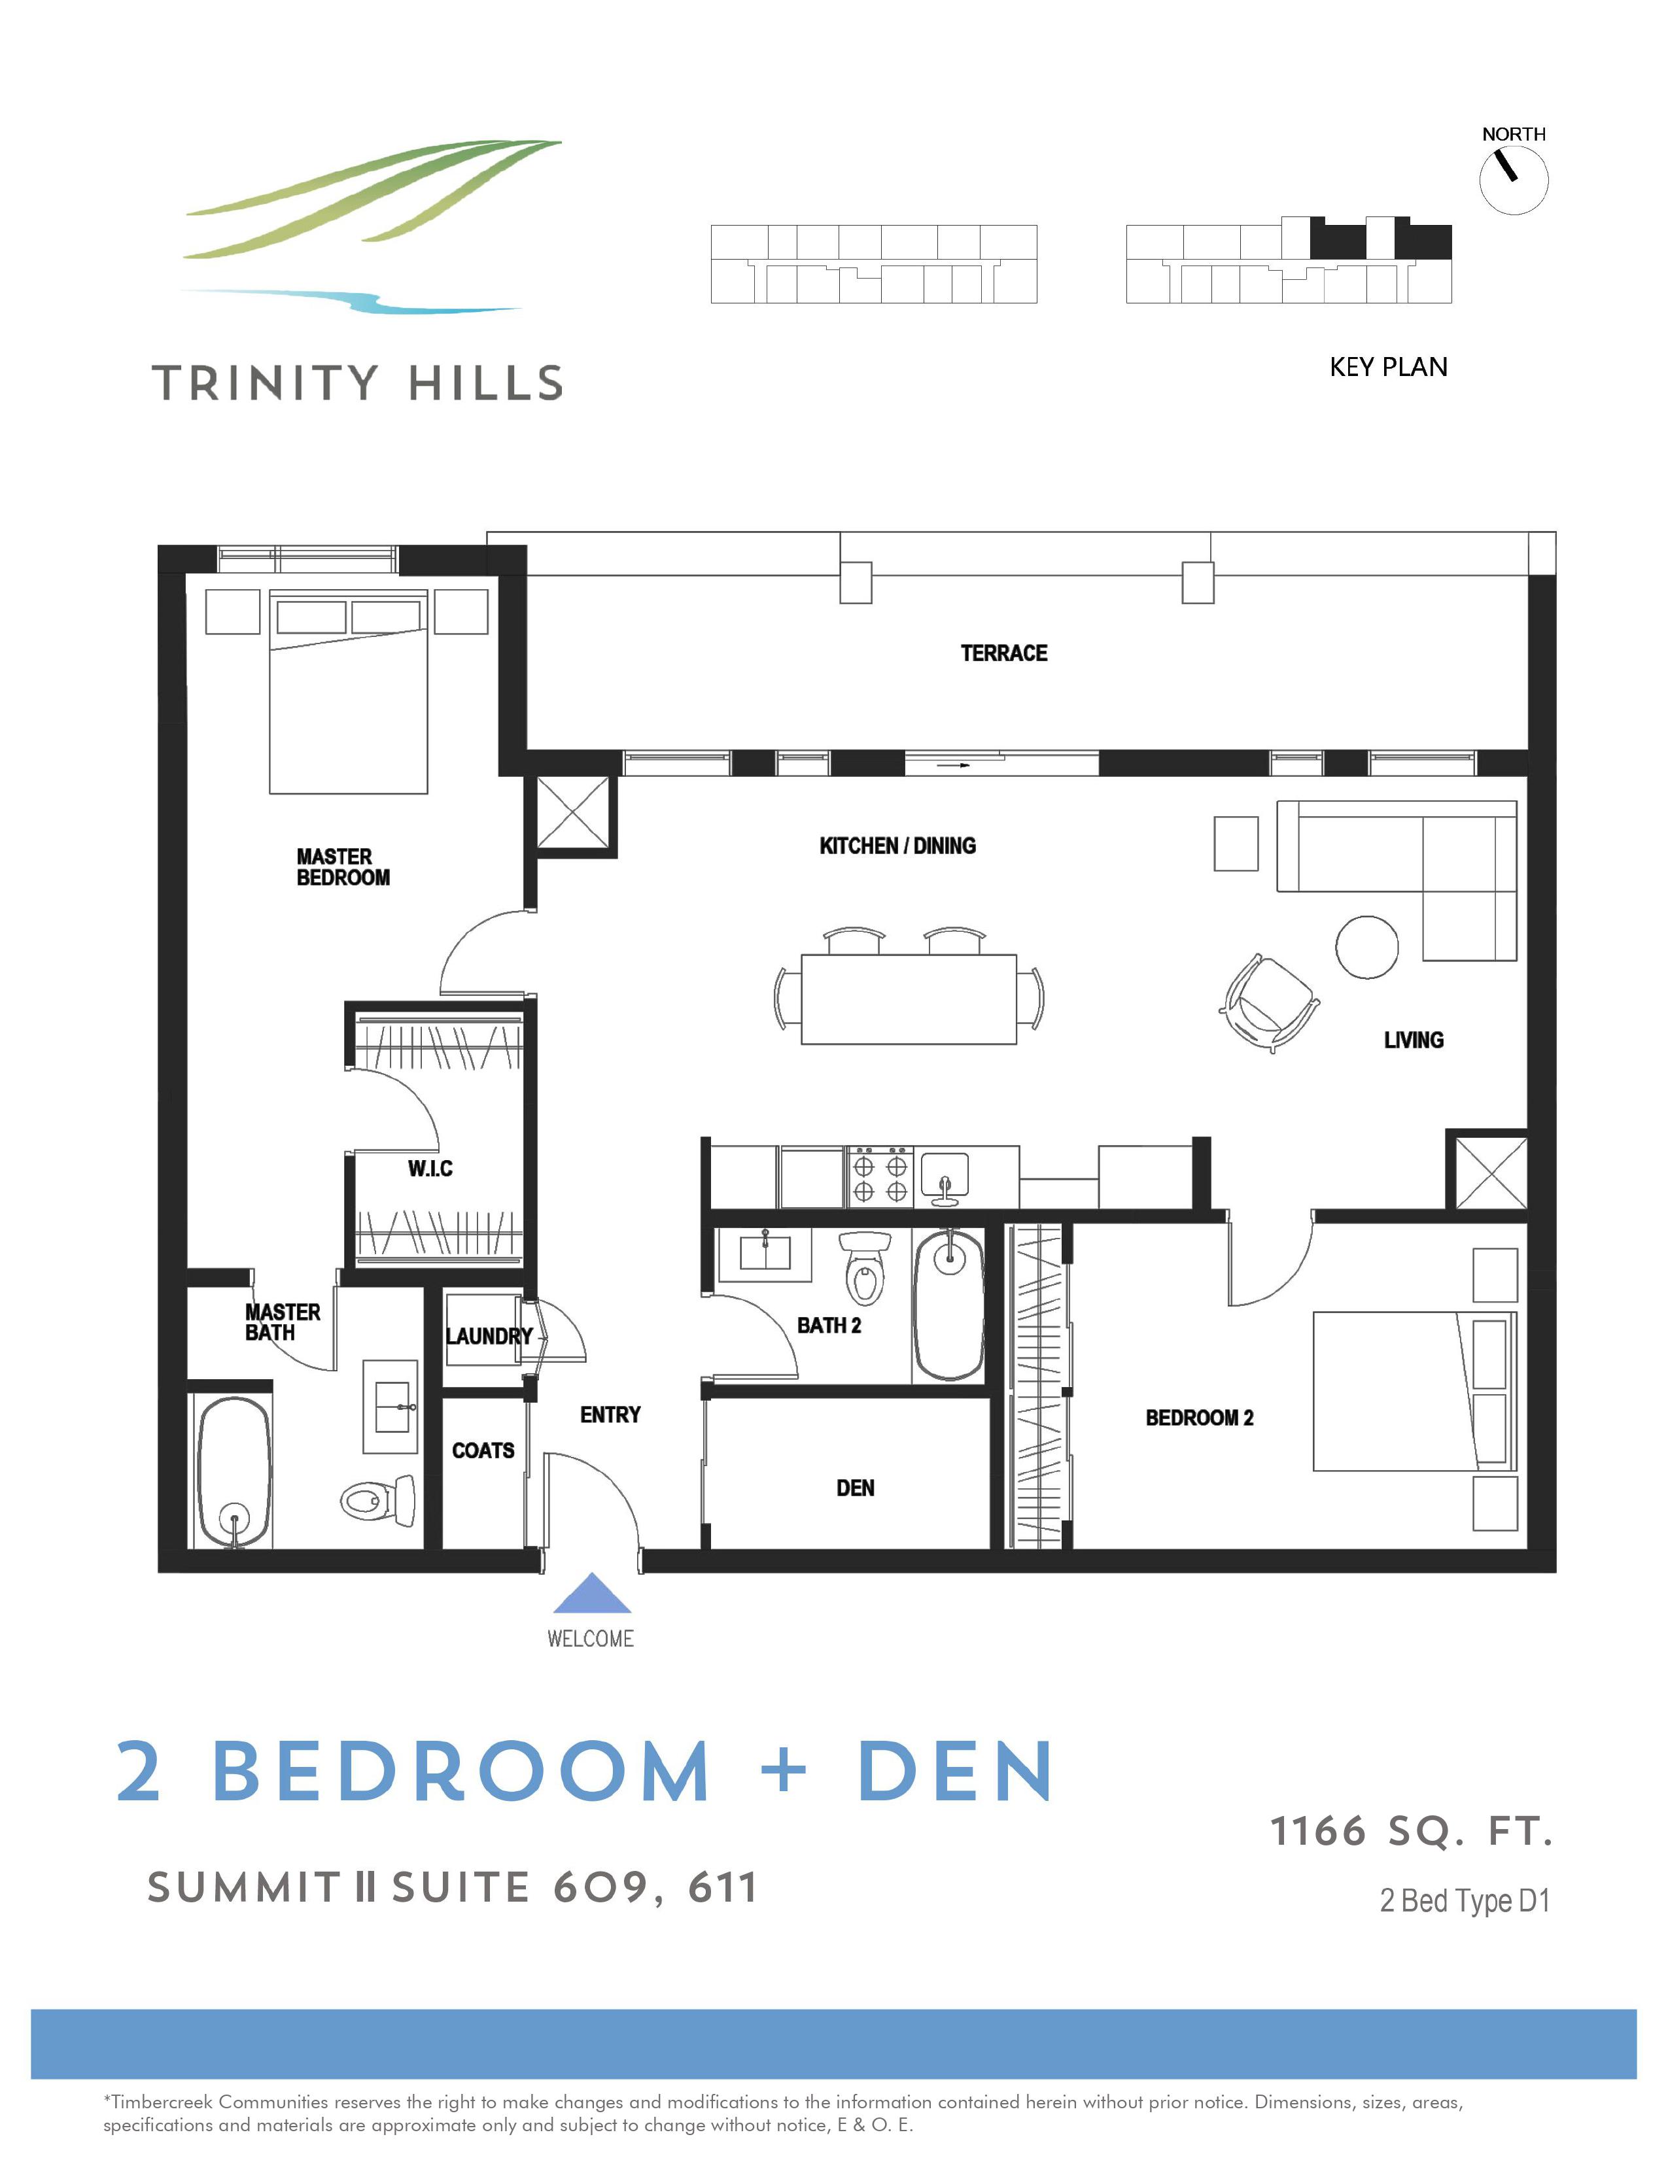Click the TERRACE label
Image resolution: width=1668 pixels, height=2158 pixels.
click(x=1003, y=653)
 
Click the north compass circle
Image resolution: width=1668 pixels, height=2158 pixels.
click(x=1513, y=180)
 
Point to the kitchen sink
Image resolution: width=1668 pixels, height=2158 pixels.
click(x=945, y=1176)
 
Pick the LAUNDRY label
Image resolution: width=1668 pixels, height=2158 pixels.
click(x=488, y=1336)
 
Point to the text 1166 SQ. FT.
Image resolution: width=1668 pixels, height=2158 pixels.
click(x=1411, y=1832)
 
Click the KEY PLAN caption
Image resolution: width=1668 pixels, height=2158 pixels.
click(x=1387, y=368)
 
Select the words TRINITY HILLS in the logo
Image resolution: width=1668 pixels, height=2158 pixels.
click(x=358, y=383)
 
